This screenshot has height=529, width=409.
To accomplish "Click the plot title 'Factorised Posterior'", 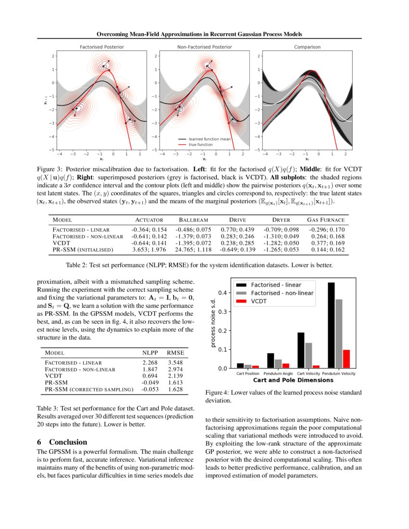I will point(102,47).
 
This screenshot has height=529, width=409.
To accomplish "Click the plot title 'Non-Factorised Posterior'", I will point(204,47).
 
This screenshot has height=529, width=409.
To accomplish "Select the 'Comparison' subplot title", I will point(307,47).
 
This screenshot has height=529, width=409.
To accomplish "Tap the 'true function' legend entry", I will point(201,144).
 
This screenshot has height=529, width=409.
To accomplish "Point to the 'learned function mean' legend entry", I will point(209,139).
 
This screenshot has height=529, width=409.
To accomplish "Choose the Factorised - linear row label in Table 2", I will point(81,230).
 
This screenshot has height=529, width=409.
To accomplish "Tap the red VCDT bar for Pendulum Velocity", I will point(346,359).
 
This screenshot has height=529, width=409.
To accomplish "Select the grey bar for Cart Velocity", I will point(308,355).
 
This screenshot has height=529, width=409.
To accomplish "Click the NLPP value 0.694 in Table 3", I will point(151,374).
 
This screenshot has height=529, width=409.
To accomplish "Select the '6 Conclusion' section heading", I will point(62,442).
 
